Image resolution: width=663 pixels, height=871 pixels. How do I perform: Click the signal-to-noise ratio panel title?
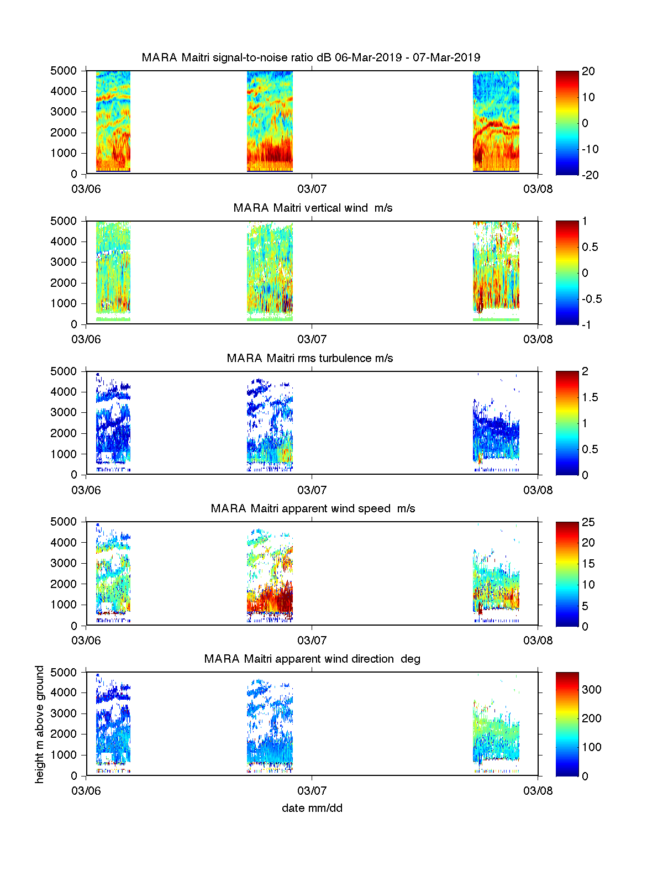311,57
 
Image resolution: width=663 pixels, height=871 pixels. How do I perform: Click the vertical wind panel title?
313,208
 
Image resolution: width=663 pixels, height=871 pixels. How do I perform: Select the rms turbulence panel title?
309,358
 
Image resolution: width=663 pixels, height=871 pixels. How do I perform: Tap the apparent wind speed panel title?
313,508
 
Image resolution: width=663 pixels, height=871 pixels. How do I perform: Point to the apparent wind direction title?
312,659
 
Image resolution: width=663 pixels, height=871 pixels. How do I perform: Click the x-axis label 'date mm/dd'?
312,808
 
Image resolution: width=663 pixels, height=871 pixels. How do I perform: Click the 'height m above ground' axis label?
40,724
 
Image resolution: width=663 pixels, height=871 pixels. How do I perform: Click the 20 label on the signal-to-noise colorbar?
588,71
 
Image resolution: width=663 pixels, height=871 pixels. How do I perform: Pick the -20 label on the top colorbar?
590,175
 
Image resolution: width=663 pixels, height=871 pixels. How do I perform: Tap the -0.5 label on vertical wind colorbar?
592,299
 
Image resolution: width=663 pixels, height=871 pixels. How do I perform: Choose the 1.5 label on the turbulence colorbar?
590,397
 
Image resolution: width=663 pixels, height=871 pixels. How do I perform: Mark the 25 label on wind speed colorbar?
588,522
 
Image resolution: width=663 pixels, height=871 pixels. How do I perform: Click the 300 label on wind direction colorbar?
592,690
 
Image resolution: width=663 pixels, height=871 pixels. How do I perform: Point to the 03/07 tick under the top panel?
312,189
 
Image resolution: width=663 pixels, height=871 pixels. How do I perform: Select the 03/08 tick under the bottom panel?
538,791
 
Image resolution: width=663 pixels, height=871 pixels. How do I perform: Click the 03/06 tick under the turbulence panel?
86,490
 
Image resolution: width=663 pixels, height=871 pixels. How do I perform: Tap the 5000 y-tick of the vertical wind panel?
64,221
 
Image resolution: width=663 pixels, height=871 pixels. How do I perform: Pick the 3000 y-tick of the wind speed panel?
64,563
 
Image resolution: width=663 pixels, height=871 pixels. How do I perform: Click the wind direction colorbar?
567,724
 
